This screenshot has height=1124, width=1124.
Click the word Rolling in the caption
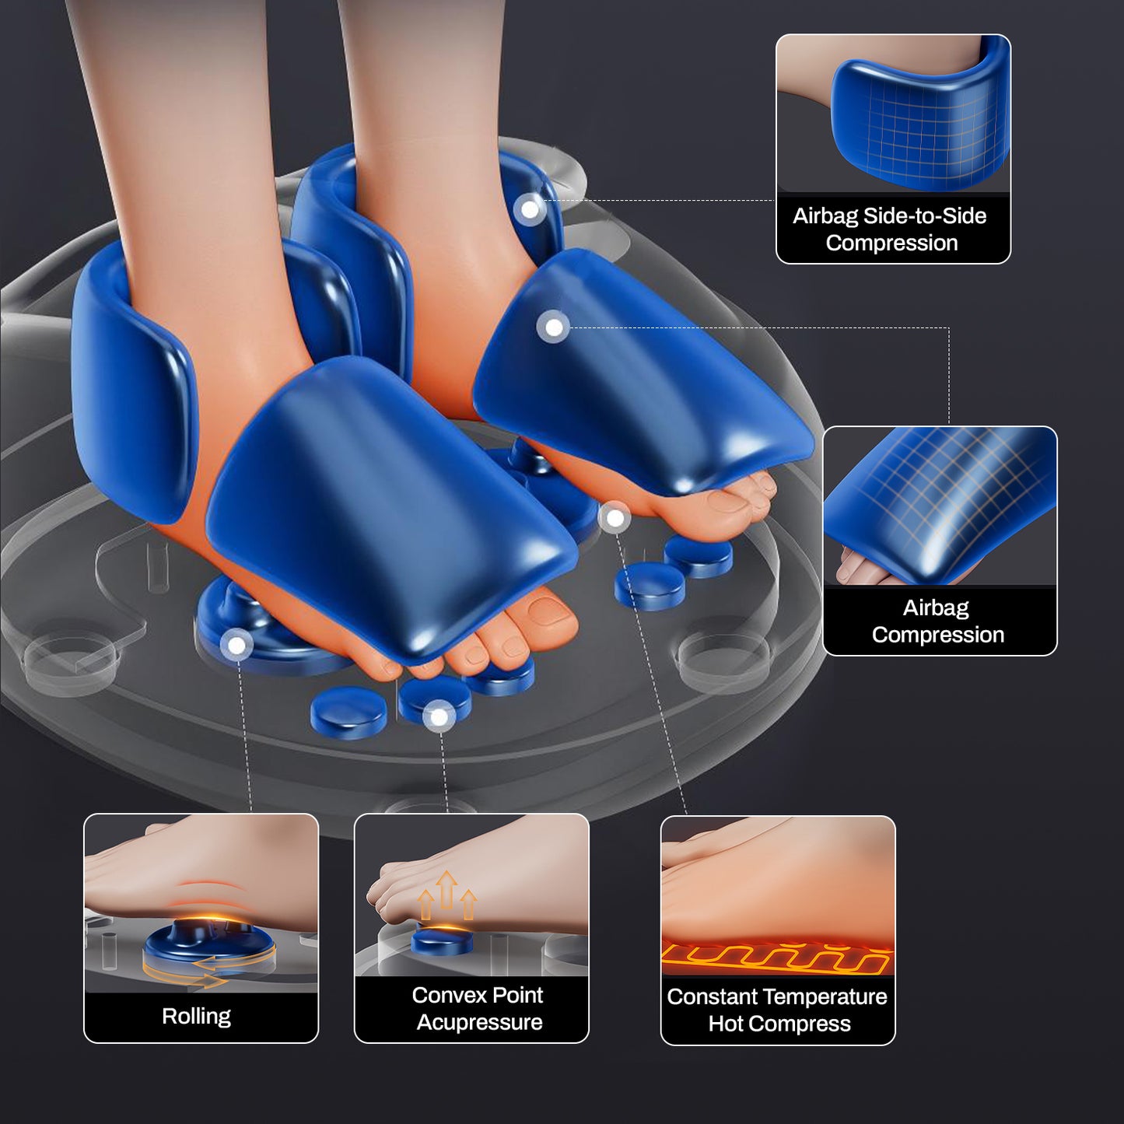click(196, 1016)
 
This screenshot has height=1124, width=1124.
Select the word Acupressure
click(479, 1022)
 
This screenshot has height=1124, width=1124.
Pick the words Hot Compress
click(779, 1024)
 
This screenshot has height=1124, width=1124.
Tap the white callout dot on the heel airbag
click(530, 209)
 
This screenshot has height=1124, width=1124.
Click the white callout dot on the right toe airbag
click(553, 327)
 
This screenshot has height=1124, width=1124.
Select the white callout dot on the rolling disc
click(236, 645)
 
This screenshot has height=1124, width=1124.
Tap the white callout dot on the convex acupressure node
click(439, 716)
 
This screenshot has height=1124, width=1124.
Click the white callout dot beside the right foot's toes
click(615, 517)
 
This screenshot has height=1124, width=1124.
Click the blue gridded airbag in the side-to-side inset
click(918, 124)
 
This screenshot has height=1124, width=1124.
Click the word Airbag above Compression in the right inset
click(936, 608)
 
